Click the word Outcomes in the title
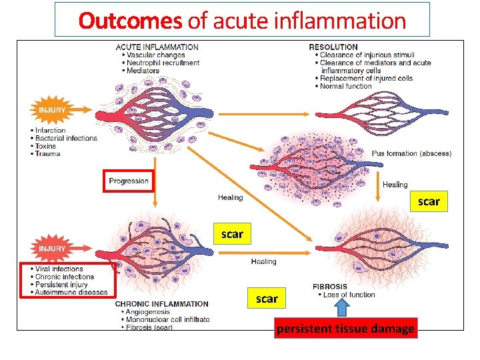[x=130, y=21]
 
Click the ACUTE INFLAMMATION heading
[x=157, y=47]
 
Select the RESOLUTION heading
[x=333, y=47]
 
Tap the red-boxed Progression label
[x=129, y=181]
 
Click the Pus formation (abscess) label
[x=411, y=153]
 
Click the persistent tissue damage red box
[x=345, y=329]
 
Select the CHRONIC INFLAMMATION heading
[x=162, y=303]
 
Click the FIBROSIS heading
[x=329, y=287]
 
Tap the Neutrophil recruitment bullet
[x=162, y=63]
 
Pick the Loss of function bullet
[x=349, y=295]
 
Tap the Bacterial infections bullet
[x=66, y=138]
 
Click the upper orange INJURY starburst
[x=51, y=109]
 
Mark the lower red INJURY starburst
[x=51, y=249]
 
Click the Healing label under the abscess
[x=395, y=185]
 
